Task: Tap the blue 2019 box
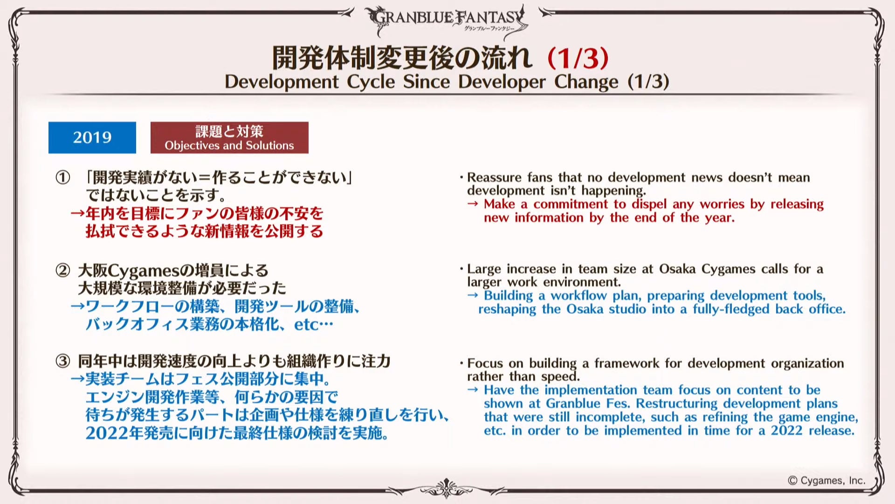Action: tap(92, 138)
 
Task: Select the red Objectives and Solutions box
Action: tap(229, 138)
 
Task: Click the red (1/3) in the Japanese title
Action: tap(578, 58)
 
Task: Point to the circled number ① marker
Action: tap(62, 177)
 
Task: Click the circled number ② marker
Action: tap(62, 270)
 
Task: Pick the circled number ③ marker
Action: tap(62, 361)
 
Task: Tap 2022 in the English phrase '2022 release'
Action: tap(786, 430)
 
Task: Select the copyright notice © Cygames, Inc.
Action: tap(826, 481)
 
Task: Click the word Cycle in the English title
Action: tap(371, 82)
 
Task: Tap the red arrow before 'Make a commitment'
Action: tap(473, 204)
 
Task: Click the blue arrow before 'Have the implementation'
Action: tap(473, 390)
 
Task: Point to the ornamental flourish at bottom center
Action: tap(447, 489)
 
